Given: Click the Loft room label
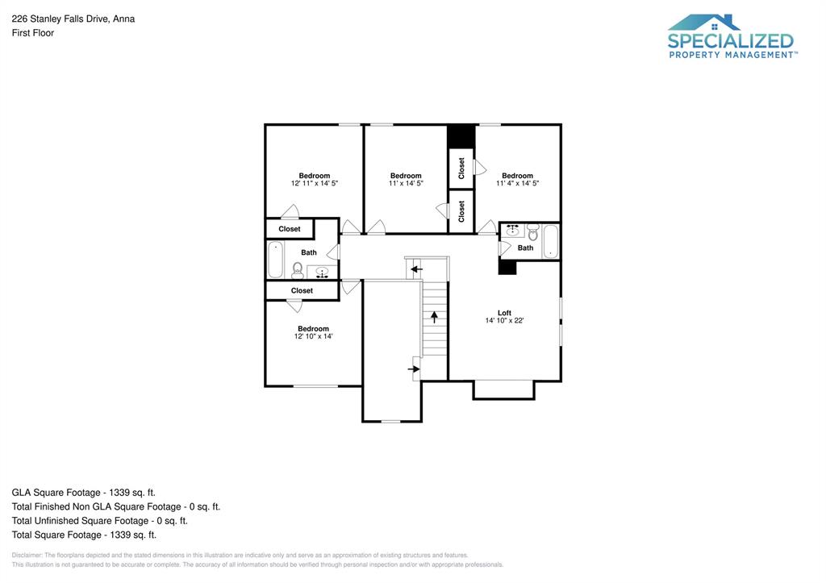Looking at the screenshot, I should [x=504, y=313].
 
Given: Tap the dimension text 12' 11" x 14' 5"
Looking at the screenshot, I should [x=315, y=184].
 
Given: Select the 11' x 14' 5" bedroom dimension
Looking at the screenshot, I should [x=406, y=184].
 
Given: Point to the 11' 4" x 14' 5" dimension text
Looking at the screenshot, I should [x=517, y=184].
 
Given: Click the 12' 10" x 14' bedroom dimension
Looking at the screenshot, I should [x=313, y=336].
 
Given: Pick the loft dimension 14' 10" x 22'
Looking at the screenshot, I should [x=504, y=321].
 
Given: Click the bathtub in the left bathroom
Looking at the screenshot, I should [x=274, y=260].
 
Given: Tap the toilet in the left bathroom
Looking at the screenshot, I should [x=297, y=269].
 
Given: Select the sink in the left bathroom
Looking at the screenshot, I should [x=323, y=273].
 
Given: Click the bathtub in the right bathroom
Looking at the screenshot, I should [x=551, y=241].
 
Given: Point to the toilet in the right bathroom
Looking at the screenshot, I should [x=532, y=235].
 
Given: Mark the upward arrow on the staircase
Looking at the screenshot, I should [x=434, y=317].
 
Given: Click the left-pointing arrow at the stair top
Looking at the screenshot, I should [x=416, y=269].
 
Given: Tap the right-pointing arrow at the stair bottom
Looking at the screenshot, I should [x=415, y=369].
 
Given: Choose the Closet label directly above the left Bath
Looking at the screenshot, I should [x=290, y=229].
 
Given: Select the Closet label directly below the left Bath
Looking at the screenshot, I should [x=302, y=290].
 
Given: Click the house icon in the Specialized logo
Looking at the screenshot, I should [x=705, y=23].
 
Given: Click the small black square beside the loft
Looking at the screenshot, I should [x=507, y=268].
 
